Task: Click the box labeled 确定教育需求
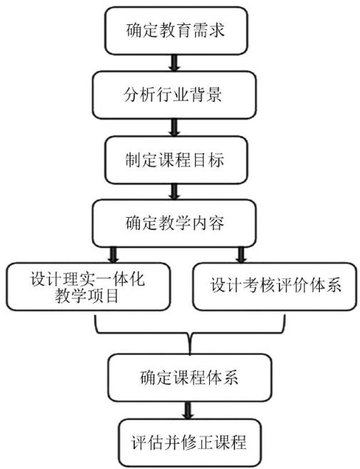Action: tap(176, 31)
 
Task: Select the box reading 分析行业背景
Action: tap(174, 95)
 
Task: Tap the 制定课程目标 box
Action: tap(176, 160)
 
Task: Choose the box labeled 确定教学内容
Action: tap(174, 223)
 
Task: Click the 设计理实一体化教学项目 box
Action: tap(89, 286)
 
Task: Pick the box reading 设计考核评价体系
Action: tap(275, 286)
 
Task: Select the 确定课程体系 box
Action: tap(190, 378)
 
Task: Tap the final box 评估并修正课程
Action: tap(190, 443)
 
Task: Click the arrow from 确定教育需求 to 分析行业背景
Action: tap(174, 63)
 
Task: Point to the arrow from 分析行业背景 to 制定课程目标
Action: tap(174, 127)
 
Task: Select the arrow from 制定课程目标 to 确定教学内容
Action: tap(174, 192)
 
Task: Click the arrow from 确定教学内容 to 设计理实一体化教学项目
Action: tap(114, 255)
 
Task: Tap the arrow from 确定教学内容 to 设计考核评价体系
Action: tap(241, 255)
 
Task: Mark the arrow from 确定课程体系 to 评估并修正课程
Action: tap(188, 410)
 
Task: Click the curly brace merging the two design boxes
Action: tap(190, 333)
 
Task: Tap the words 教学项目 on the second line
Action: tap(87, 296)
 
